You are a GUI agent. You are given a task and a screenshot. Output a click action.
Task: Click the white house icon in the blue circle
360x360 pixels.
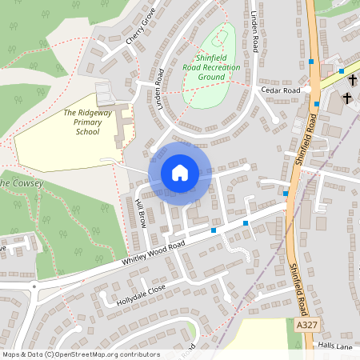pos(180,172)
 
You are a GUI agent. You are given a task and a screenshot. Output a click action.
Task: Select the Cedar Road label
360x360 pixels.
pos(280,90)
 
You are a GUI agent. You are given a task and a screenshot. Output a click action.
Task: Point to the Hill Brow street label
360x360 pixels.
pos(142,212)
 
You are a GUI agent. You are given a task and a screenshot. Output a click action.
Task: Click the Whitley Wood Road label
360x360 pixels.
pos(154,253)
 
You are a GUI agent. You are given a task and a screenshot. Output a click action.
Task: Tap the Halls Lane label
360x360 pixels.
pos(334,346)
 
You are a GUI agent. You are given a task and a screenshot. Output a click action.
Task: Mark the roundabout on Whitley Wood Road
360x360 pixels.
pos(34,286)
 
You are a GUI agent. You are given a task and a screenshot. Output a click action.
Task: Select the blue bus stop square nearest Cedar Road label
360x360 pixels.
pos(317,103)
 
